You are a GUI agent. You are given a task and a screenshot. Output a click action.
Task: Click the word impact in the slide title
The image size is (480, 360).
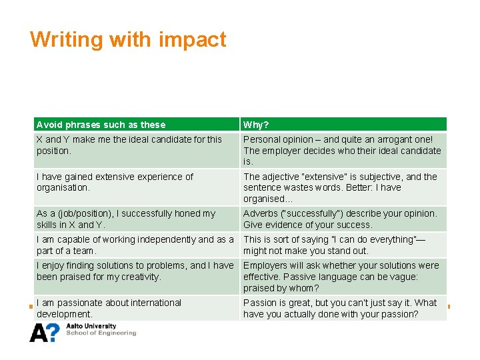pos(193,40)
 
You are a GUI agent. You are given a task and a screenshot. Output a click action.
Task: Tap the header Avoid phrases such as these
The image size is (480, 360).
pos(101,125)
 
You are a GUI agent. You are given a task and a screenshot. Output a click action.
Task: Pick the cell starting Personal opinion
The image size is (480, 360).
pos(342,150)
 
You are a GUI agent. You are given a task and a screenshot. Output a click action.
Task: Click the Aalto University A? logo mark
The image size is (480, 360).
pos(45,332)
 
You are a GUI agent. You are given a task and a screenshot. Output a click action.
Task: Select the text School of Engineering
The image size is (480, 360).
pos(101,333)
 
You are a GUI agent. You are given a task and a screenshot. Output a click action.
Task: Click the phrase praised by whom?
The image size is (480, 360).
pos(281,288)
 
